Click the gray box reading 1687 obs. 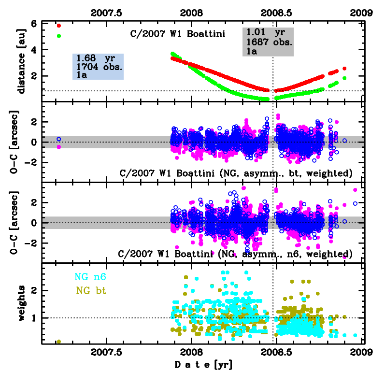pos(268,42)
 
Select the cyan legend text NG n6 pos(90,277)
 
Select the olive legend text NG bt pos(90,291)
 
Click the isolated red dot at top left pos(59,26)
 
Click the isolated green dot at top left pos(59,36)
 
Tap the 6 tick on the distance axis pos(34,24)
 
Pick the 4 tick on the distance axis pos(34,50)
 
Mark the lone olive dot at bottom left pos(59,342)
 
